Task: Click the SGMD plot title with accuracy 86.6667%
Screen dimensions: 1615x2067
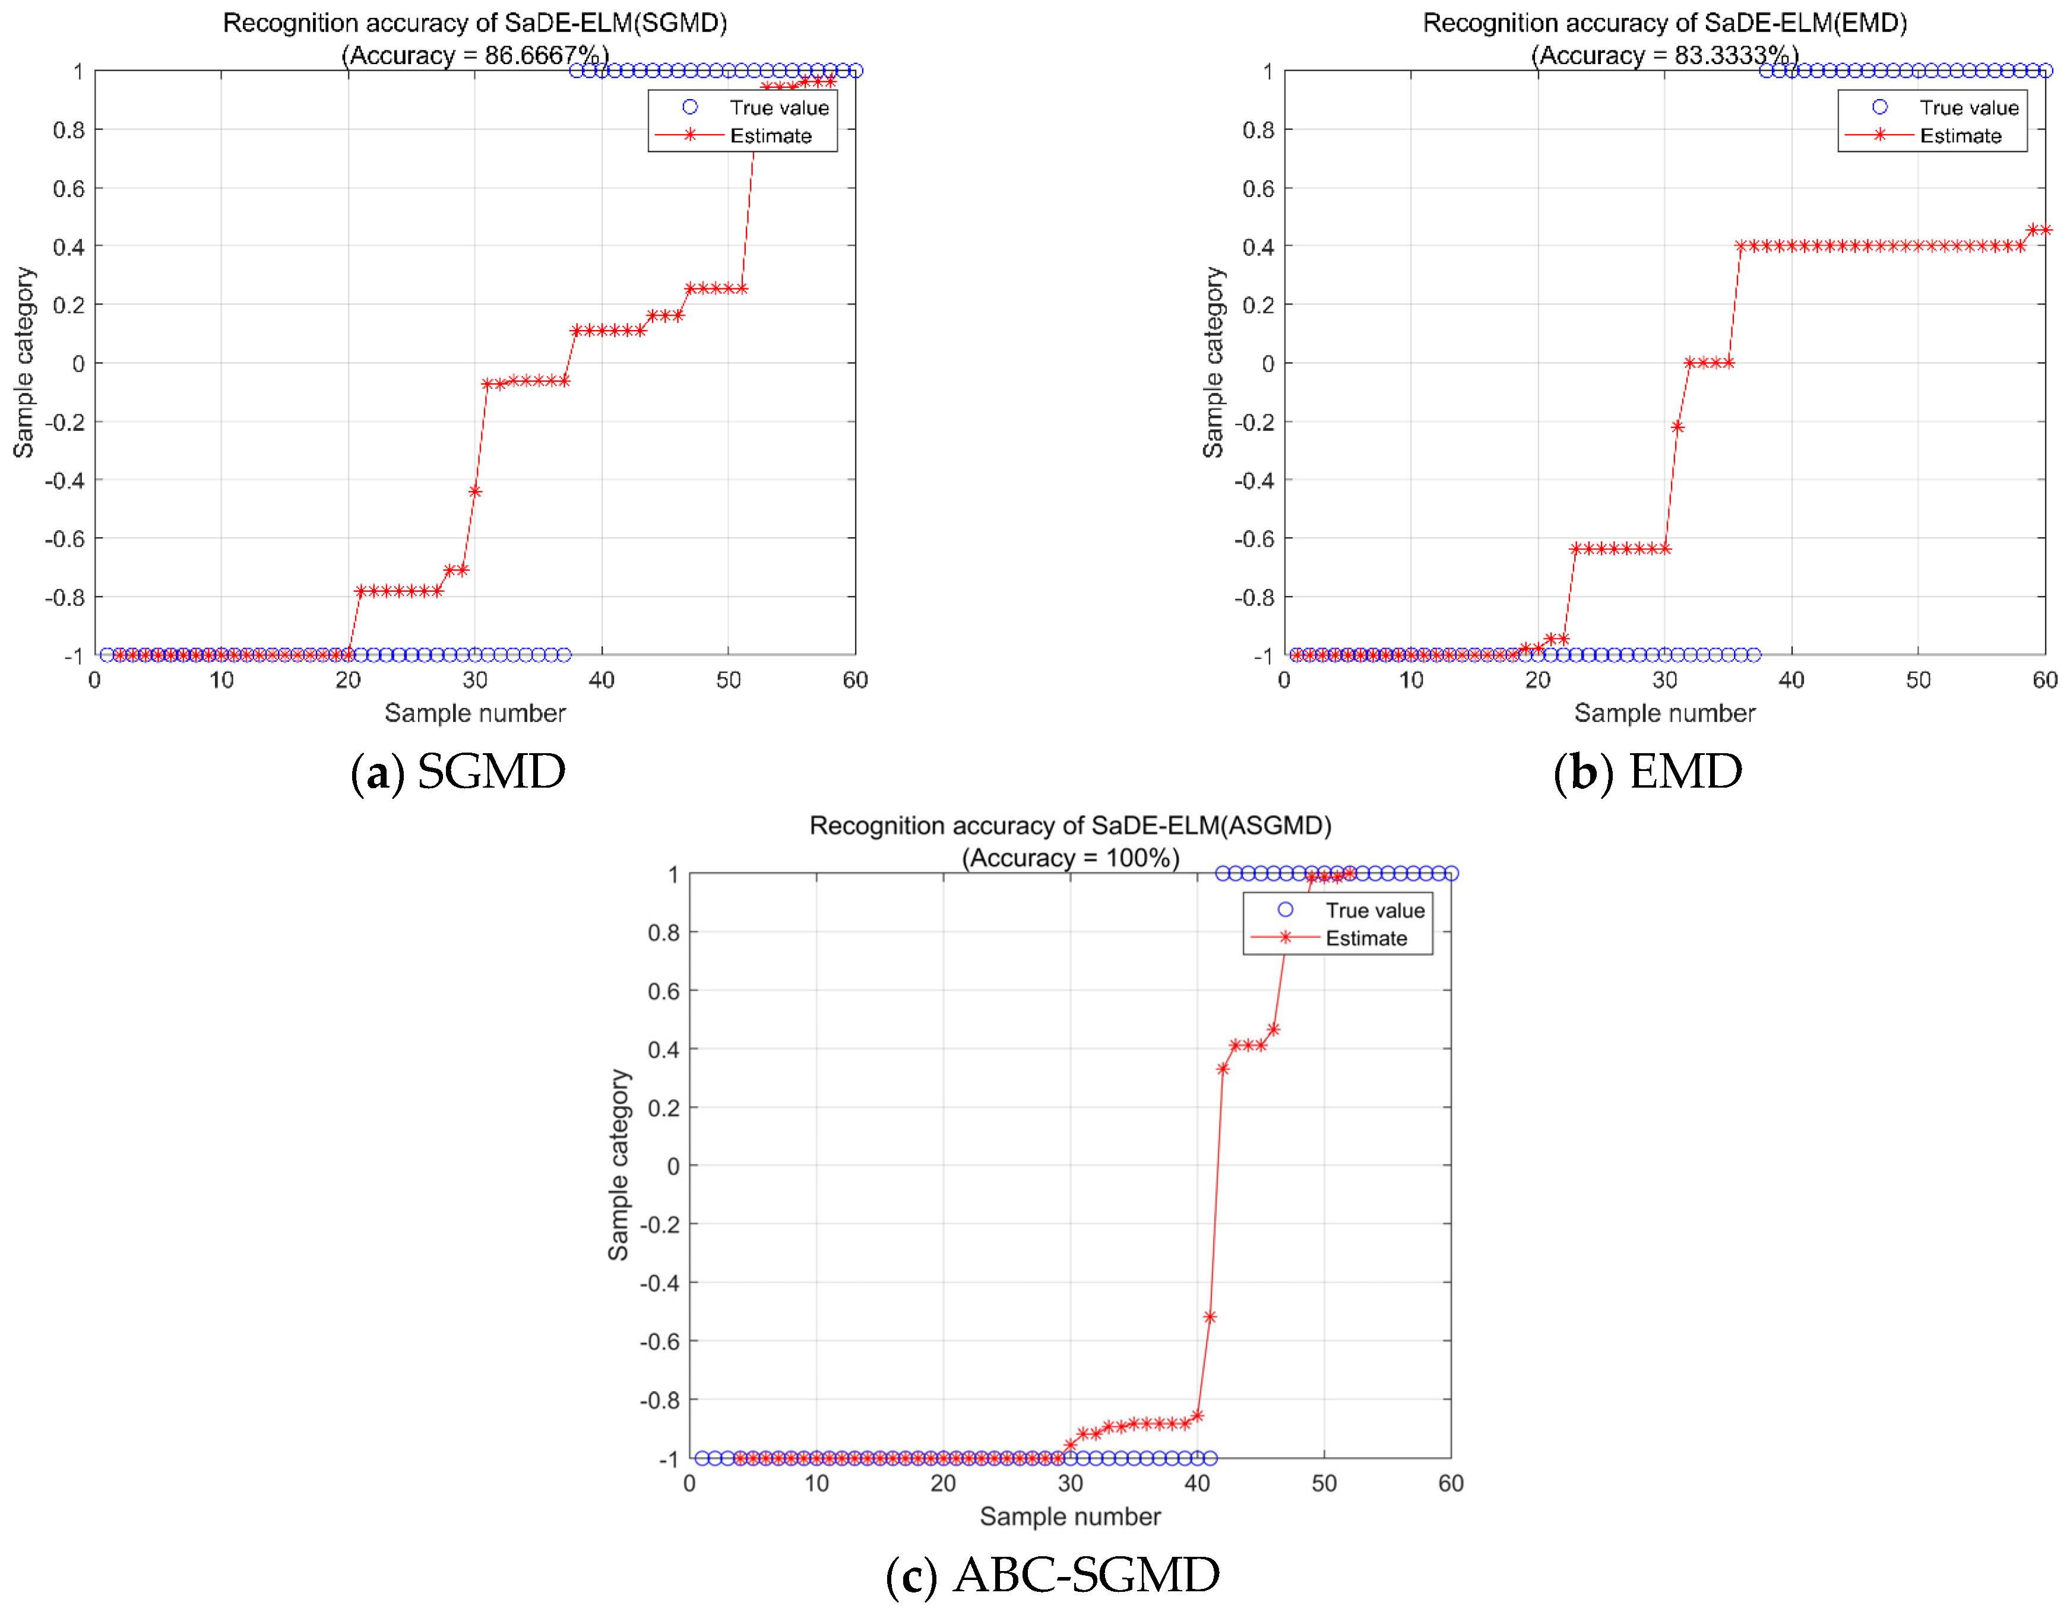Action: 474,38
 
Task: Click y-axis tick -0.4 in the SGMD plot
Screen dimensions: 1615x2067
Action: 64,481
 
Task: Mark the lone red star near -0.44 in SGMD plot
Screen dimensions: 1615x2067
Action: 475,491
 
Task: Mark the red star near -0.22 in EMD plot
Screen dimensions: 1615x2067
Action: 1677,427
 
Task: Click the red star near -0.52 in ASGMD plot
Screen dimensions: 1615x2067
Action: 1210,1317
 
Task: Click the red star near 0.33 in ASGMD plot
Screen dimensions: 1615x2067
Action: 1223,1069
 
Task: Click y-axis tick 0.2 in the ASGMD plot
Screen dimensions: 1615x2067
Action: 663,1107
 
